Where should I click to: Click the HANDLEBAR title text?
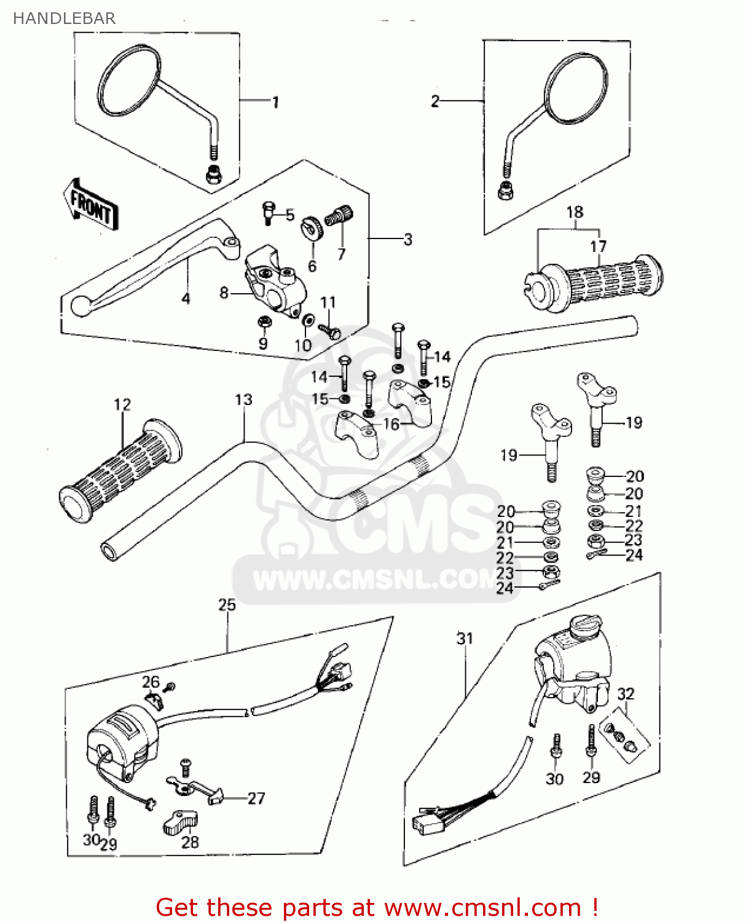(64, 18)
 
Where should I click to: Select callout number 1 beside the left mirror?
(275, 102)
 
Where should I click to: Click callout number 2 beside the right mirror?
(435, 101)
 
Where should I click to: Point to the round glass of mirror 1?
(130, 81)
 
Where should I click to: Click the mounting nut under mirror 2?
(505, 192)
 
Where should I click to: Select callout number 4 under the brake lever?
(186, 298)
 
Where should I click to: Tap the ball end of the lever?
(80, 305)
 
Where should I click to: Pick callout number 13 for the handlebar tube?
(243, 400)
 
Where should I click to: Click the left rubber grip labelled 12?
(120, 470)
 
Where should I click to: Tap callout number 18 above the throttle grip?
(575, 212)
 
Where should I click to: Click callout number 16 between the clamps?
(391, 424)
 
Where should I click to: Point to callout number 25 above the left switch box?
(227, 604)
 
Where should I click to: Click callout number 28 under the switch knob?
(190, 841)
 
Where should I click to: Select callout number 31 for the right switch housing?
(465, 639)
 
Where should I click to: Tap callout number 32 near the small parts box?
(626, 693)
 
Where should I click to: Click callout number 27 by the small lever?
(256, 798)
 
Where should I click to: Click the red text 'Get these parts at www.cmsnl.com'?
(376, 907)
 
